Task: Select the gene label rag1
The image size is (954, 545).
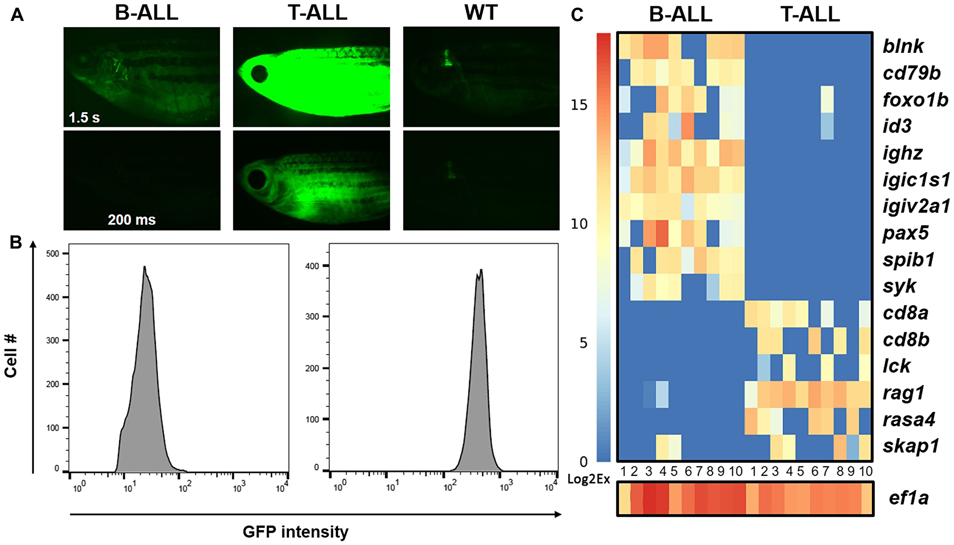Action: click(903, 393)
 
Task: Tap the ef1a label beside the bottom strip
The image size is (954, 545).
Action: click(908, 498)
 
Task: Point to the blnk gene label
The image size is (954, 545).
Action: click(903, 46)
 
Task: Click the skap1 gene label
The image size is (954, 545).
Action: click(911, 446)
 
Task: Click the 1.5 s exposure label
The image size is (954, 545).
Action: click(84, 117)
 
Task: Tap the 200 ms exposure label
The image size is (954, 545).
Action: click(132, 220)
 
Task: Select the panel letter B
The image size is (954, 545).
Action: click(16, 242)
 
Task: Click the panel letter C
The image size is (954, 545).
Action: click(577, 15)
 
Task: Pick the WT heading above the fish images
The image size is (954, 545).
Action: click(481, 12)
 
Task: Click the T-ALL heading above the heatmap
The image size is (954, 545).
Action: click(810, 14)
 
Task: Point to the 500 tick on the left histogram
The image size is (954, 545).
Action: click(53, 254)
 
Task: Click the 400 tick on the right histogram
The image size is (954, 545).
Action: click(312, 266)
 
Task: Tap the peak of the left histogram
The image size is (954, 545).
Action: click(144, 267)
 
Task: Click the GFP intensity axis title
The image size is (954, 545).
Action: click(295, 532)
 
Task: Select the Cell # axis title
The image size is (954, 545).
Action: click(11, 356)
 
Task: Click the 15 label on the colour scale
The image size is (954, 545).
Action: click(579, 105)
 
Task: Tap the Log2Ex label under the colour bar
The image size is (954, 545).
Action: click(588, 479)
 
